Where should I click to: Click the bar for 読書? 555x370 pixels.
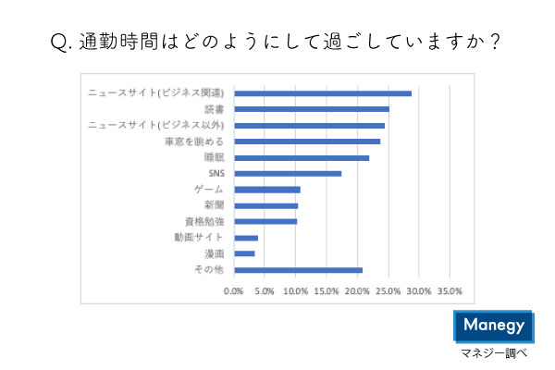click(312, 109)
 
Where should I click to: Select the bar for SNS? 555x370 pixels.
click(288, 173)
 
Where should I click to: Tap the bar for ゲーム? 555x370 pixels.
click(267, 190)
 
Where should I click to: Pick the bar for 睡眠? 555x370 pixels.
click(302, 157)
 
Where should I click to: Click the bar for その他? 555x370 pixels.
click(298, 270)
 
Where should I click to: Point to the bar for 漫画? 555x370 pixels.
click(244, 253)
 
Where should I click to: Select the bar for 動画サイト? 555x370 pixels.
click(246, 238)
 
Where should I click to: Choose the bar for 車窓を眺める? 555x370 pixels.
click(307, 142)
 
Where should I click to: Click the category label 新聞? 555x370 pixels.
click(215, 205)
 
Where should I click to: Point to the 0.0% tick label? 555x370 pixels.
click(234, 291)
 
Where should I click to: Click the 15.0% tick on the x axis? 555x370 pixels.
click(327, 291)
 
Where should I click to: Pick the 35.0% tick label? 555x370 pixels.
click(450, 291)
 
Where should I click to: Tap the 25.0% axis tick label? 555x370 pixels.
click(388, 291)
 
